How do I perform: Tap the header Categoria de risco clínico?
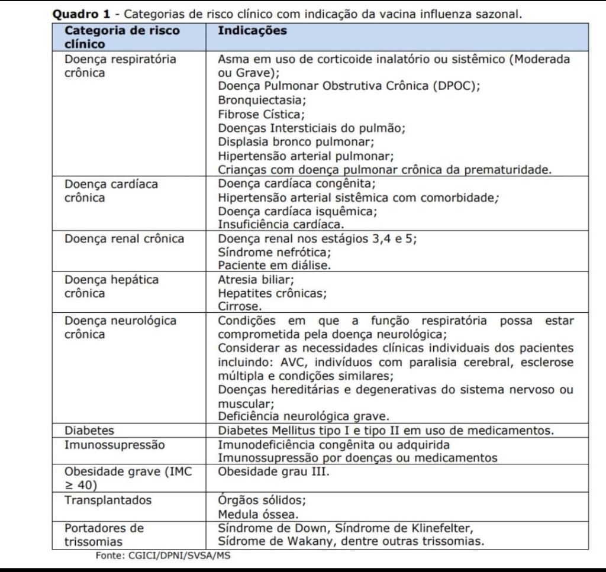pos(121,37)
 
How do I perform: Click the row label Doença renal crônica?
pos(124,239)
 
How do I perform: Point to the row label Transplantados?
pos(108,500)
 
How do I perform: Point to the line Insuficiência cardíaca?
pos(281,225)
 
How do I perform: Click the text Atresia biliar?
pos(256,279)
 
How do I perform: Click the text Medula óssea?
pos(258,513)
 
